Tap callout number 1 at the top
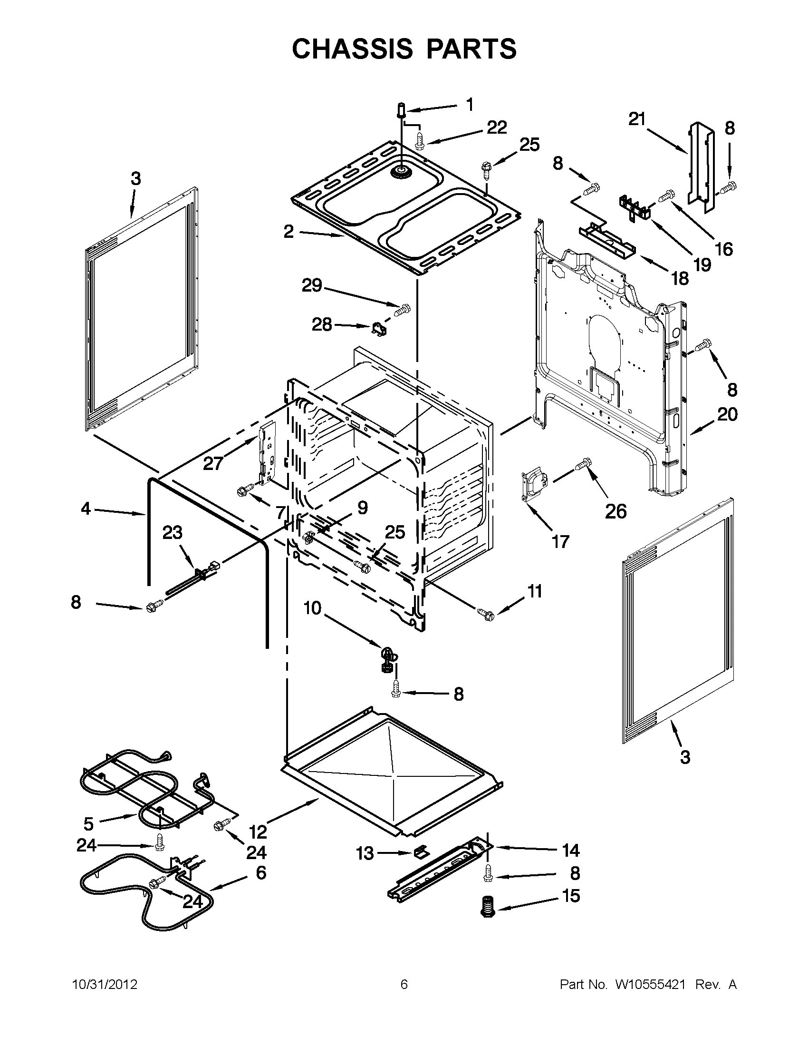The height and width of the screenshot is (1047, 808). pyautogui.click(x=470, y=105)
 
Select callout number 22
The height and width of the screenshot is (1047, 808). pyautogui.click(x=497, y=127)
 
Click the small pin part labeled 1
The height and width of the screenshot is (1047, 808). pyautogui.click(x=401, y=110)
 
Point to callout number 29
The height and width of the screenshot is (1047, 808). pyautogui.click(x=312, y=286)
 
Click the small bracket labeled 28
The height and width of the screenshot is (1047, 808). pyautogui.click(x=380, y=330)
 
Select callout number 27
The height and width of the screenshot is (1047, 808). pyautogui.click(x=213, y=463)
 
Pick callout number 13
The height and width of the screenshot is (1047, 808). pyautogui.click(x=365, y=853)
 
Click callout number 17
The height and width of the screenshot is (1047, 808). pyautogui.click(x=560, y=542)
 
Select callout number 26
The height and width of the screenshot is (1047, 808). pyautogui.click(x=616, y=512)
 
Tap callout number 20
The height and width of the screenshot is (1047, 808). pyautogui.click(x=727, y=414)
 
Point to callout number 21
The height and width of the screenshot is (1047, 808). pyautogui.click(x=637, y=119)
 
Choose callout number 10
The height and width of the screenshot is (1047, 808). pyautogui.click(x=313, y=608)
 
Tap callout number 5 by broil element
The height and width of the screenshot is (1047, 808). pyautogui.click(x=88, y=823)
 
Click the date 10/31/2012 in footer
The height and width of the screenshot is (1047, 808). pyautogui.click(x=105, y=985)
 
